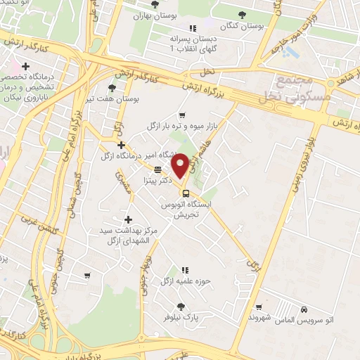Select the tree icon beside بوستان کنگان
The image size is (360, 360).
[243, 14]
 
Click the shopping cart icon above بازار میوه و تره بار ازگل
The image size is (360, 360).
[182, 115]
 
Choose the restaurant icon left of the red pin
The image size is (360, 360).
[158, 169]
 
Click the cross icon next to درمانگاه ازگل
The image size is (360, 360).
[122, 145]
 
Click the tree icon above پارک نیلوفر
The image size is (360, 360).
[181, 306]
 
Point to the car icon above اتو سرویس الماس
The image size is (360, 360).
[303, 310]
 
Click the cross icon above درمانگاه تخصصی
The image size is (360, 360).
[26, 66]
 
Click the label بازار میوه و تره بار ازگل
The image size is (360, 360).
[181, 126]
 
